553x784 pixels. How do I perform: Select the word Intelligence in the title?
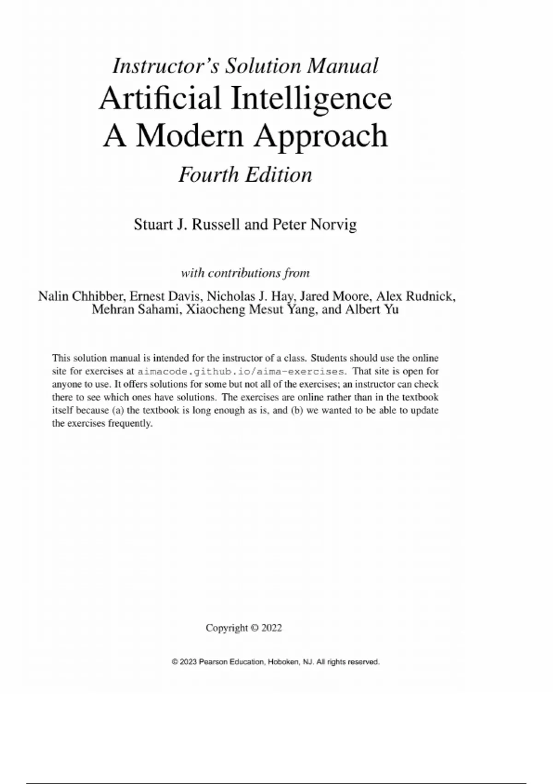312,98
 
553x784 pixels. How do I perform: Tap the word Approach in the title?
321,136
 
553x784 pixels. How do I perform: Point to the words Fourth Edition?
245,175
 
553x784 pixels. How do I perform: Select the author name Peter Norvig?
315,225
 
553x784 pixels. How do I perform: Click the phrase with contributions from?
245,273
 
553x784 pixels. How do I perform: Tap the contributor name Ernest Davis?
165,296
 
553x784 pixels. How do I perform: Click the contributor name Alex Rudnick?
415,296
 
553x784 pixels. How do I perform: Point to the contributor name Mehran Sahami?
135,309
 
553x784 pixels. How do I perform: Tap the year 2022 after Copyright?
271,628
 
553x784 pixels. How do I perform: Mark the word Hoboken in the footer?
283,662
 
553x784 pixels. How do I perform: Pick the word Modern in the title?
189,136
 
